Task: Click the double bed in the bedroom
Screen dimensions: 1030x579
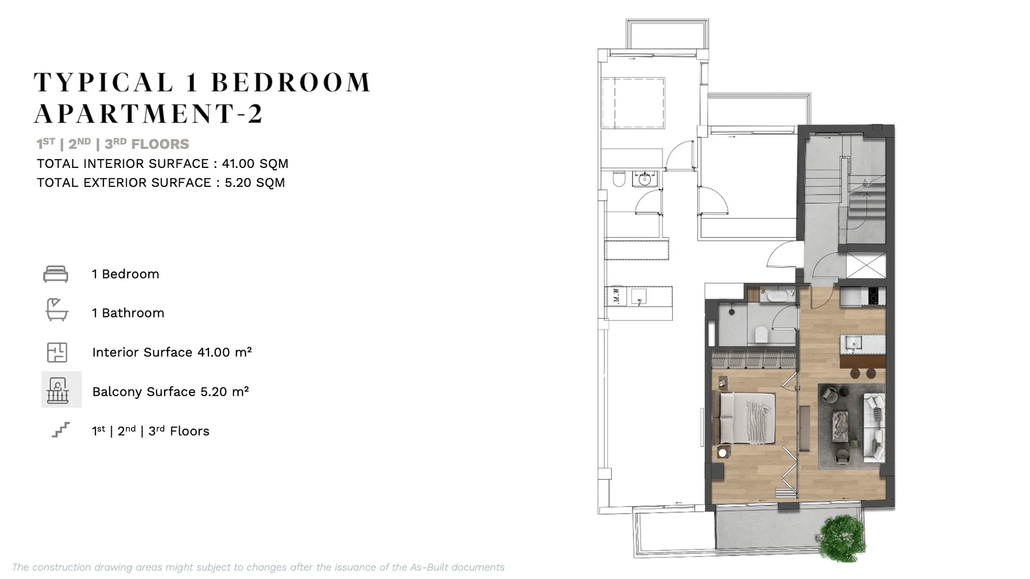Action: tap(747, 418)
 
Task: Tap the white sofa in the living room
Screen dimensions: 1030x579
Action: tap(874, 427)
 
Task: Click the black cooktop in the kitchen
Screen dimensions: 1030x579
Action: tap(873, 296)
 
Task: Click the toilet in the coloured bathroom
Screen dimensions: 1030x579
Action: tap(761, 334)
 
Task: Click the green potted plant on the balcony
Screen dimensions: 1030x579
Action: tap(842, 538)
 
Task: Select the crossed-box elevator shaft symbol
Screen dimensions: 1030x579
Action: tap(866, 265)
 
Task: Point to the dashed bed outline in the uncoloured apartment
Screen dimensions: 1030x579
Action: tap(633, 103)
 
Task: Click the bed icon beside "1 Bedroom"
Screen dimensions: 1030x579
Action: tap(56, 274)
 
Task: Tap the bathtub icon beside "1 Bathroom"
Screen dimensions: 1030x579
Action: tap(57, 310)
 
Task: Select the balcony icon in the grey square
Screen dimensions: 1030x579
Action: tap(58, 390)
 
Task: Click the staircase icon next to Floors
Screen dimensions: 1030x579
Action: tap(61, 430)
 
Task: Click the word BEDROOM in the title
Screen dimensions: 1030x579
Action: tap(291, 82)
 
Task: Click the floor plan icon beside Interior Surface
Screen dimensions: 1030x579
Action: tap(57, 352)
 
